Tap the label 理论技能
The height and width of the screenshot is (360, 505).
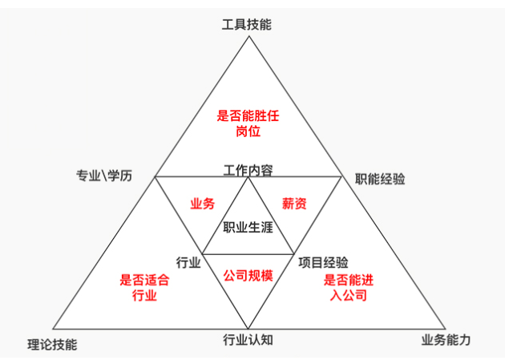click(52, 344)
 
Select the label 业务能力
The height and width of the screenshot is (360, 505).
click(446, 340)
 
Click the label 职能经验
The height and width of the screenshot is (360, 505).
click(380, 179)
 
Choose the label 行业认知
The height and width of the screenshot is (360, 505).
click(248, 340)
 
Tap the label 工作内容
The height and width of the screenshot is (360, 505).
click(248, 170)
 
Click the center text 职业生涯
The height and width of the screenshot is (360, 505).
click(248, 227)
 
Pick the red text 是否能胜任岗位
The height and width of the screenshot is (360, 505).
click(248, 123)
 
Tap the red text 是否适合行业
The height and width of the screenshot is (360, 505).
click(144, 288)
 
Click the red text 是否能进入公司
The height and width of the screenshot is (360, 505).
click(349, 288)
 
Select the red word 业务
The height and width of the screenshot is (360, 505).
click(202, 204)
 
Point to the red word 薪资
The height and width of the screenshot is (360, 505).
click(294, 204)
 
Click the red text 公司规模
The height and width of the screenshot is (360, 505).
click(248, 277)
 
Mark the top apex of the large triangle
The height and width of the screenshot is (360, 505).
click(248, 35)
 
